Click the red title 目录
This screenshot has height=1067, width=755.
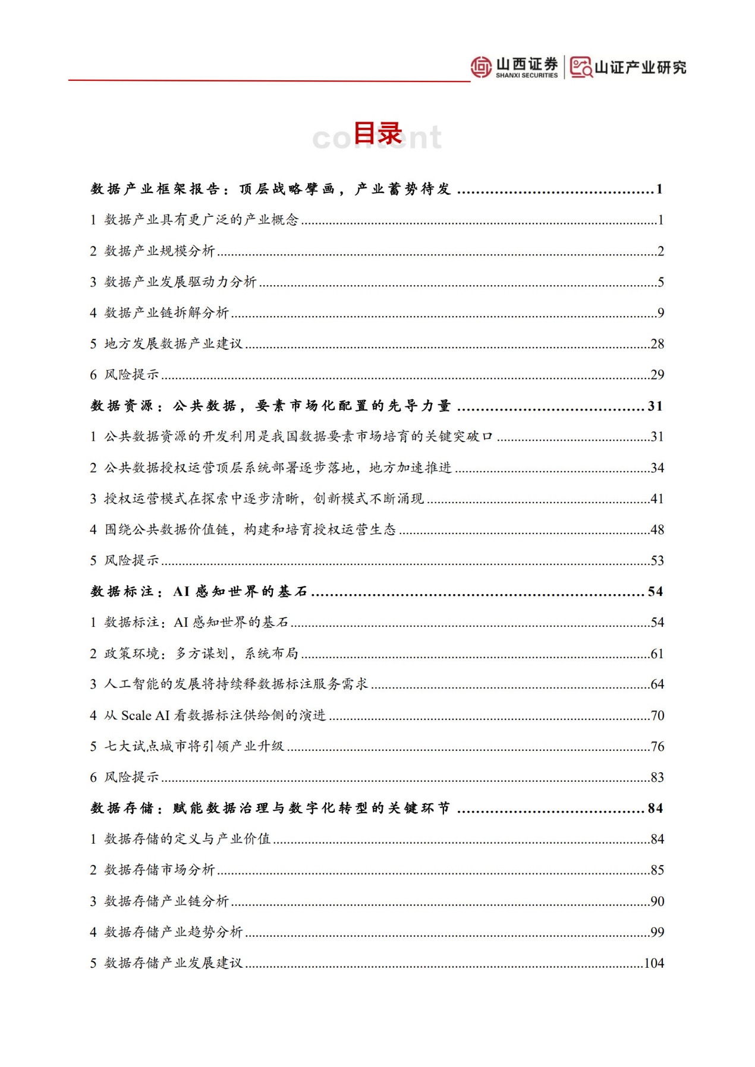click(x=378, y=133)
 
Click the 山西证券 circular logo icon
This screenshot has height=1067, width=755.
click(x=481, y=67)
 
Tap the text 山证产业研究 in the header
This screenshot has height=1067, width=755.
click(x=640, y=68)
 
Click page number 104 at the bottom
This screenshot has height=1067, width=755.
click(x=654, y=963)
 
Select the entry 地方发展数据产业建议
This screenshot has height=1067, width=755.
click(x=173, y=343)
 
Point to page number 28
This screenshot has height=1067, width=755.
click(x=657, y=343)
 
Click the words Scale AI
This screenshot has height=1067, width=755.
click(x=146, y=715)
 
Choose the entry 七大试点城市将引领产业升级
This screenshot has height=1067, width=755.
click(x=194, y=746)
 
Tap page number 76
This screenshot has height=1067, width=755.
click(x=657, y=746)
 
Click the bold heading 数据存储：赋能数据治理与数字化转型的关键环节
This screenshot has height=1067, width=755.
click(x=270, y=808)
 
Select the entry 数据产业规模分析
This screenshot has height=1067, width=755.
click(x=159, y=251)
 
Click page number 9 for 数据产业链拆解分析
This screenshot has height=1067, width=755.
click(x=660, y=312)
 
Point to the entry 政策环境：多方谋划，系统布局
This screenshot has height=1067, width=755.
click(x=201, y=654)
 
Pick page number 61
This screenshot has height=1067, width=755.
click(x=657, y=654)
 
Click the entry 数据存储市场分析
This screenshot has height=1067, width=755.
click(x=159, y=870)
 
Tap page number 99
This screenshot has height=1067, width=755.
click(x=657, y=932)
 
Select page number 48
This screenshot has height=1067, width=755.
click(x=657, y=529)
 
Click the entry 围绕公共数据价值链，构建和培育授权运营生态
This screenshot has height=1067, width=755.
click(x=250, y=529)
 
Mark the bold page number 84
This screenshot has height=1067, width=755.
click(x=655, y=808)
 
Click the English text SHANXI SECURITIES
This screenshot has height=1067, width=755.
click(x=527, y=75)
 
